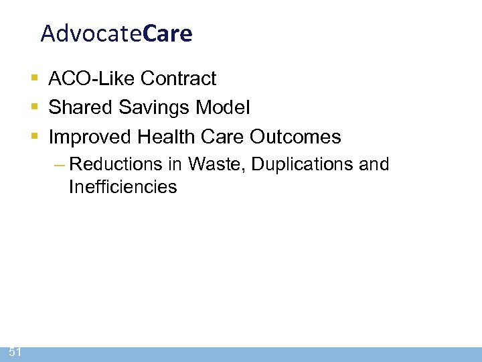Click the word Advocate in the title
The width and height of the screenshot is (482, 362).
pos(90,34)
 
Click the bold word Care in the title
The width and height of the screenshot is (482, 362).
pos(167,34)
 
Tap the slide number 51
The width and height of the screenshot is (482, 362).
pos(15,352)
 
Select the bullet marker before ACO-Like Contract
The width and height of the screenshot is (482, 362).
pos(35,79)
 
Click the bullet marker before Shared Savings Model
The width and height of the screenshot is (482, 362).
pos(35,108)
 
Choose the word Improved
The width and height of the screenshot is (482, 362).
pos(90,137)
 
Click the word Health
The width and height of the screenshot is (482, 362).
pos(167,137)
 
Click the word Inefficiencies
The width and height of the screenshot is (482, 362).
pos(123,187)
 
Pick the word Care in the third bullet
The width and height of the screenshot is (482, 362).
pos(224,137)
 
